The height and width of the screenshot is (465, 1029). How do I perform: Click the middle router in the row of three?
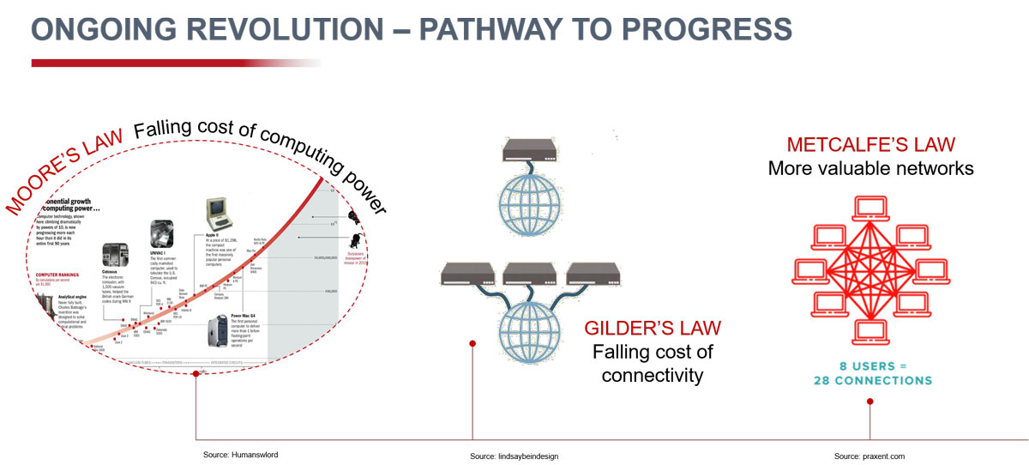coord(527,274)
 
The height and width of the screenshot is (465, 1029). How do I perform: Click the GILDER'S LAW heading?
coord(652,329)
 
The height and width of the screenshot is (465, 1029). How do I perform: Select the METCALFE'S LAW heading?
coord(870,145)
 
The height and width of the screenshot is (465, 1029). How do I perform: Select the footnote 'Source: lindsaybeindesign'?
coord(514,456)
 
